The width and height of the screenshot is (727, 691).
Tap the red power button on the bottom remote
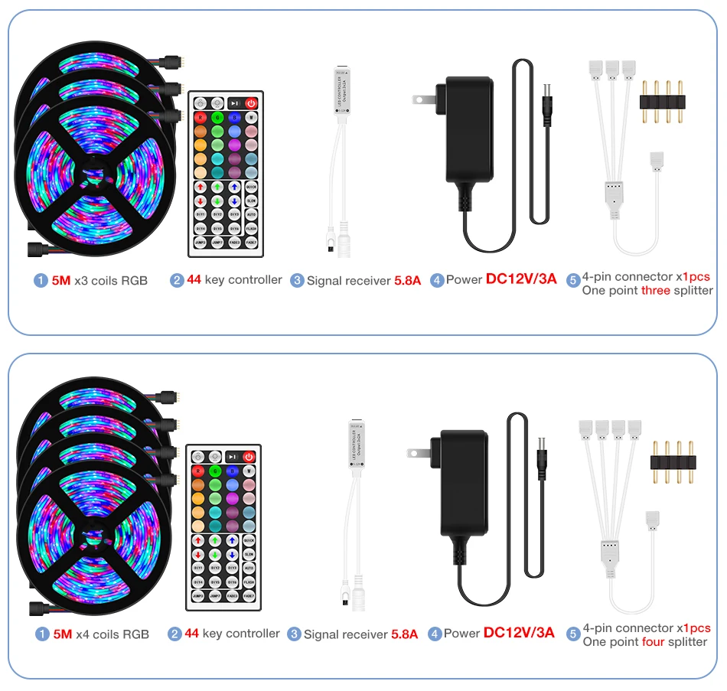pos(249,457)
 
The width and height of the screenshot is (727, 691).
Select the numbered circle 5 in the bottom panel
pos(573,634)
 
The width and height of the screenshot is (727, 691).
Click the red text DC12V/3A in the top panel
pos(521,279)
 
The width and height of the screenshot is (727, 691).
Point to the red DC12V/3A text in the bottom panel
pos(519,633)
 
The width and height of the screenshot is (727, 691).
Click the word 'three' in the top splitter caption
pos(656,291)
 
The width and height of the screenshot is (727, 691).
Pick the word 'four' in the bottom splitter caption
pos(653,642)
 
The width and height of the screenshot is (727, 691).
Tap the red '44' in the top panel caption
pos(194,280)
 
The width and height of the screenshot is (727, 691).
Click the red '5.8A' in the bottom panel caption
pos(405,634)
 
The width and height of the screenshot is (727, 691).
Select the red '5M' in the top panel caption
pos(61,281)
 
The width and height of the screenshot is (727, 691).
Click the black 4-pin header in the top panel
pos(660,102)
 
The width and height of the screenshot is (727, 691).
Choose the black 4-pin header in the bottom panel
pos(671,461)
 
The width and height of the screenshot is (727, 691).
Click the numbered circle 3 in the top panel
pos(298,281)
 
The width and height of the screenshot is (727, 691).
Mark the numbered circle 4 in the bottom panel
pos(435,634)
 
